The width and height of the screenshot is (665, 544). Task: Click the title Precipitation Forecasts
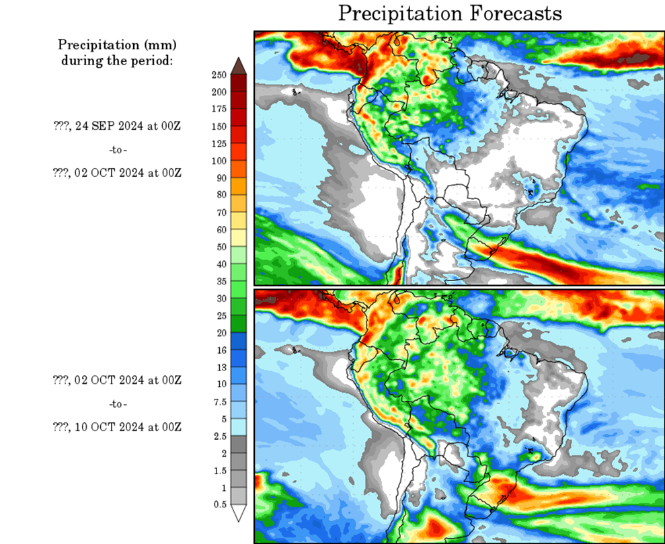click(x=449, y=13)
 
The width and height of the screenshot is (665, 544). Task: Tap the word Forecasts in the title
click(x=510, y=13)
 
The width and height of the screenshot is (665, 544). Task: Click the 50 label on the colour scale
click(x=220, y=246)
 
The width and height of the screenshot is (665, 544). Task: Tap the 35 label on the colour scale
click(x=220, y=280)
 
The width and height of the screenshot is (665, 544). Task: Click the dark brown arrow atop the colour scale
click(x=239, y=66)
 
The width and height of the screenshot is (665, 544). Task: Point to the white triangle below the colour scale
click(x=239, y=512)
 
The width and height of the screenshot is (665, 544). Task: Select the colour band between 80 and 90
click(x=239, y=186)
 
